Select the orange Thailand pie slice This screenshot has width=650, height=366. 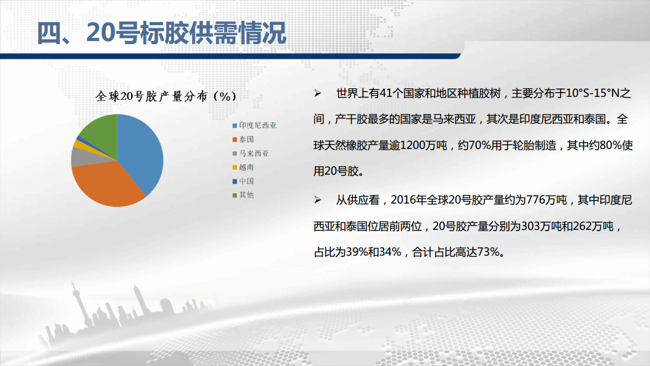coord(108,185)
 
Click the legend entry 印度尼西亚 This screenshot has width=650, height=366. coord(254,125)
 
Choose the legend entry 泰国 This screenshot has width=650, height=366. coord(243,139)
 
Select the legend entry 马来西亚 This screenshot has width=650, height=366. coord(251,153)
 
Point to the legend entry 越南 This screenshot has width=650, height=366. coord(243,167)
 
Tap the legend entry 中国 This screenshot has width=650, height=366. coord(243,181)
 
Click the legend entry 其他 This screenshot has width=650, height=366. coord(243,195)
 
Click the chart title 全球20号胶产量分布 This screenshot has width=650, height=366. coord(151,96)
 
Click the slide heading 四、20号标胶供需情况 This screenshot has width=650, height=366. coord(162,32)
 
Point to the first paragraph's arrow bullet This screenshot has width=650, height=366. coord(317,93)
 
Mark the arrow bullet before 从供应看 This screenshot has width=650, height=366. coord(317,200)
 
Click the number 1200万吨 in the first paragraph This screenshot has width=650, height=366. coord(424,145)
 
